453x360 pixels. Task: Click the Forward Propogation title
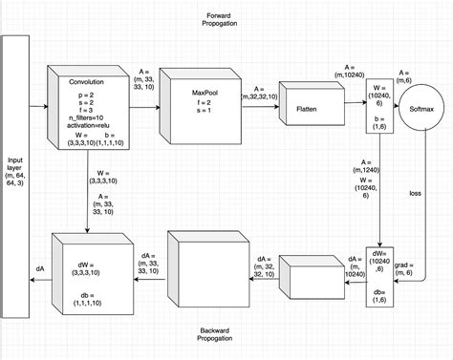[x=226, y=19]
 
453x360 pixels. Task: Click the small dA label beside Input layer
[x=39, y=270]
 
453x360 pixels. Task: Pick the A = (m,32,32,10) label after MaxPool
[x=260, y=91]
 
